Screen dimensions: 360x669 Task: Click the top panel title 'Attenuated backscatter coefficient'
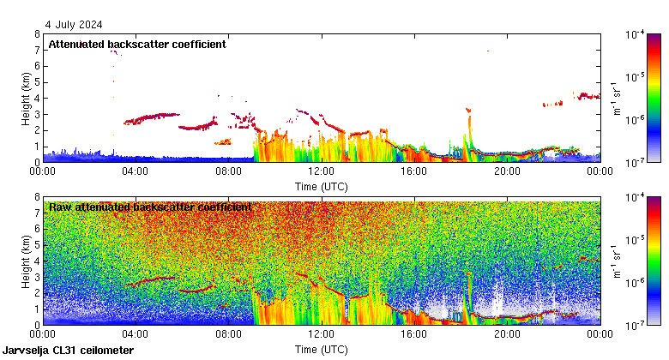click(137, 44)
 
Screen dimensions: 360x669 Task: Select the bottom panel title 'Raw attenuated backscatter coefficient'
click(150, 207)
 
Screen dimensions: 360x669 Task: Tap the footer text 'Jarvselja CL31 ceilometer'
click(69, 351)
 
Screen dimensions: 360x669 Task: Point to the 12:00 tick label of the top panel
click(321, 171)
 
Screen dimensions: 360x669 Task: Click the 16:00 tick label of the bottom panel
click(413, 334)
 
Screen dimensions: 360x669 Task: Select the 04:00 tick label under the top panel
click(136, 171)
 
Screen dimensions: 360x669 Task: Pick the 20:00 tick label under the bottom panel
click(506, 334)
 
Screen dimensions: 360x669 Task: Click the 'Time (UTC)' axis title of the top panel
click(321, 185)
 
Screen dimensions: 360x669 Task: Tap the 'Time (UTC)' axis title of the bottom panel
click(321, 349)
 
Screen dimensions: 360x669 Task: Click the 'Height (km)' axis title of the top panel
click(27, 98)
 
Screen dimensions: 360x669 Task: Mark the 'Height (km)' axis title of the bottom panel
click(27, 261)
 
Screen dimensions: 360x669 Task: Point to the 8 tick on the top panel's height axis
click(37, 34)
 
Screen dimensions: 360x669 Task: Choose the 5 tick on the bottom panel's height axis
click(37, 245)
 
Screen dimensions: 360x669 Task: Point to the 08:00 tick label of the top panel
click(228, 171)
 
